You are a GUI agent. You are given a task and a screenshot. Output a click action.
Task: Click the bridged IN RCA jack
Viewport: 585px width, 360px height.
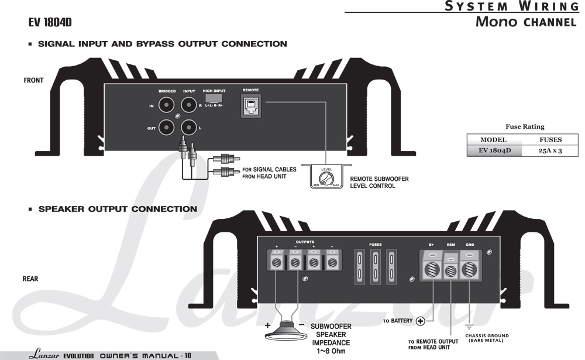pyautogui.click(x=167, y=105)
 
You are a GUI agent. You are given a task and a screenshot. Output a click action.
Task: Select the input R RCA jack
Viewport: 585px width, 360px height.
pyautogui.click(x=188, y=105)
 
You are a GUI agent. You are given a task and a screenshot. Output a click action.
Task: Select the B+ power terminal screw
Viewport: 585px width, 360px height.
pyautogui.click(x=431, y=270)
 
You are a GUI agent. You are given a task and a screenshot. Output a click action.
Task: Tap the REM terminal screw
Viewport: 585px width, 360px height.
pyautogui.click(x=450, y=271)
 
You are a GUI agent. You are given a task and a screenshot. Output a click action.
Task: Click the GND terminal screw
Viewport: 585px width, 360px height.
pyautogui.click(x=469, y=270)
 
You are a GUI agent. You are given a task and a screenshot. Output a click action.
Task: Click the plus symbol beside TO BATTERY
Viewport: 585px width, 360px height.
pyautogui.click(x=420, y=321)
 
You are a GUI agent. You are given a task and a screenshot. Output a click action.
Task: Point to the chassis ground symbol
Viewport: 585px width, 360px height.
pyautogui.click(x=469, y=325)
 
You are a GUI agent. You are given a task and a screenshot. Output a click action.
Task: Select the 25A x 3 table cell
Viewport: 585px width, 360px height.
pyautogui.click(x=550, y=150)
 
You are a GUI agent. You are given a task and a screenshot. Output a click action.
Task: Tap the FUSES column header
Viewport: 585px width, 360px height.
pyautogui.click(x=550, y=140)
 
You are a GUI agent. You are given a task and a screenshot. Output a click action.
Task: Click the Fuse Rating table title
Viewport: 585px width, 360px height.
pyautogui.click(x=525, y=126)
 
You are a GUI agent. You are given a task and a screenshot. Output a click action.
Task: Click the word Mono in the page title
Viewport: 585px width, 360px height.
pyautogui.click(x=496, y=22)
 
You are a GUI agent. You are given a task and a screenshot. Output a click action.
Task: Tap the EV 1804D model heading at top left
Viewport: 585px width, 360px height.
pyautogui.click(x=50, y=22)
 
